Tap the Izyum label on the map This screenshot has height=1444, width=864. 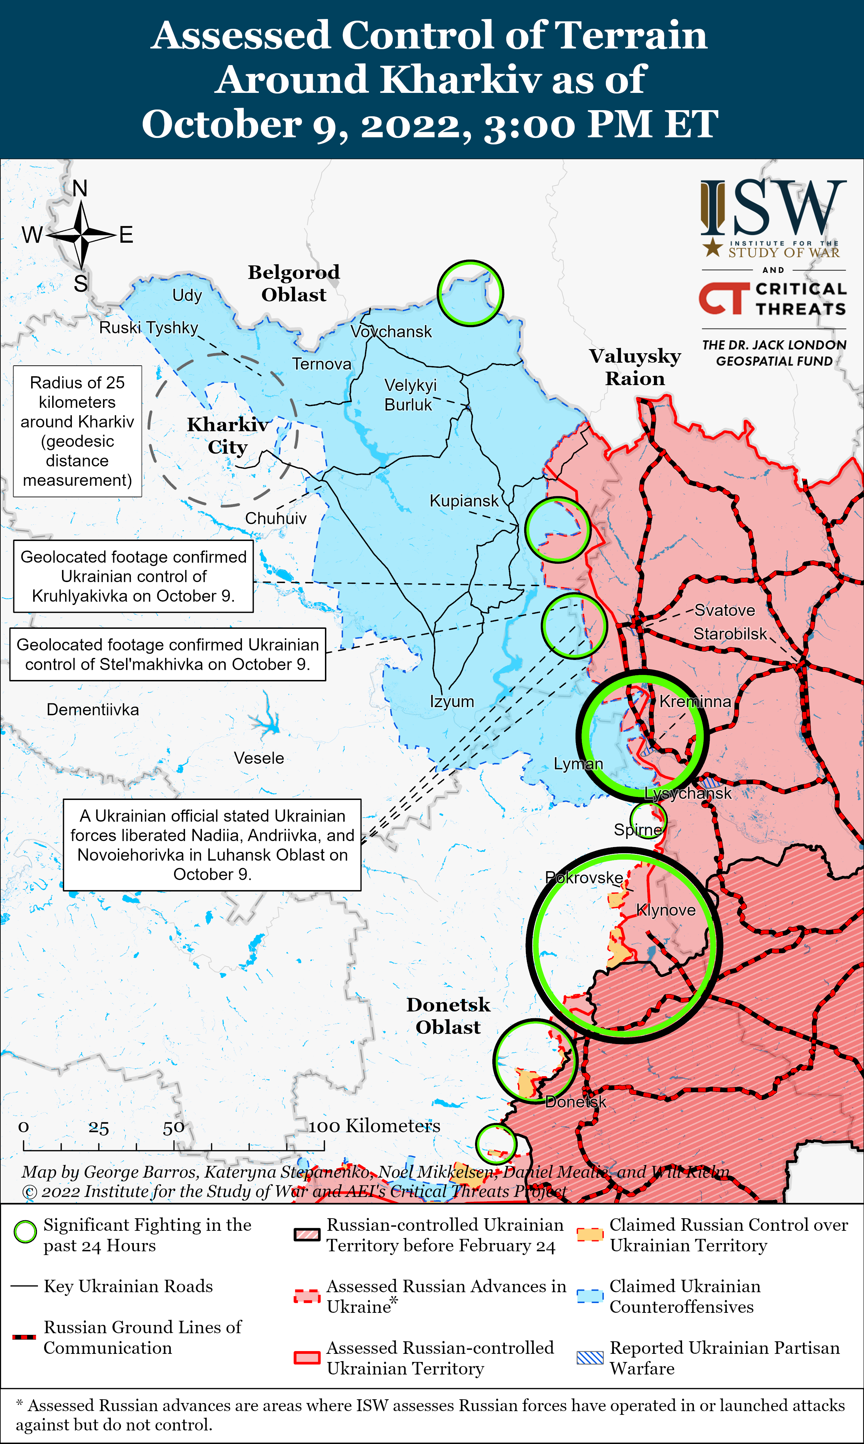point(452,701)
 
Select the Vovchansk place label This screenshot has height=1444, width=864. point(391,332)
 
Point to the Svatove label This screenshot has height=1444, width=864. point(724,610)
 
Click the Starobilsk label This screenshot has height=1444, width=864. point(730,634)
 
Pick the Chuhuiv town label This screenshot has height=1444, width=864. point(275,518)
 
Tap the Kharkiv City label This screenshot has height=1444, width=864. point(228,436)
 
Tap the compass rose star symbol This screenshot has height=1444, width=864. point(82,235)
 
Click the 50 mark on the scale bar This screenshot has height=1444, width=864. point(173,1128)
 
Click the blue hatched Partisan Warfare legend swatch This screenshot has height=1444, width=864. point(590,1358)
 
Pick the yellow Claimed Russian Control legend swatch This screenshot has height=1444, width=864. point(590,1234)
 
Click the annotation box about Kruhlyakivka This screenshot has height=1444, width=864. point(133,577)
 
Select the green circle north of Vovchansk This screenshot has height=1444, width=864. point(470,293)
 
